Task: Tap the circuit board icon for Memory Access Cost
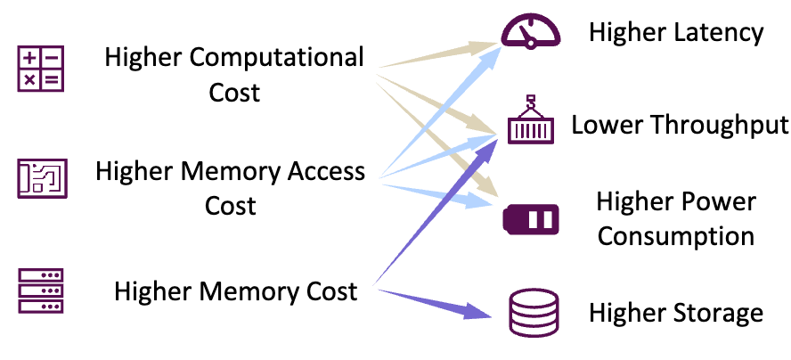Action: click(x=41, y=179)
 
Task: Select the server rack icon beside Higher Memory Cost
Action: click(x=41, y=290)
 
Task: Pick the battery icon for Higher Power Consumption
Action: click(x=531, y=217)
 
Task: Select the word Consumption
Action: click(x=676, y=236)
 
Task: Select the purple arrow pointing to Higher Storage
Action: click(x=436, y=301)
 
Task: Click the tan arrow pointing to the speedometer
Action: click(x=436, y=54)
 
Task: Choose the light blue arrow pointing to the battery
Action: click(x=436, y=192)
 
